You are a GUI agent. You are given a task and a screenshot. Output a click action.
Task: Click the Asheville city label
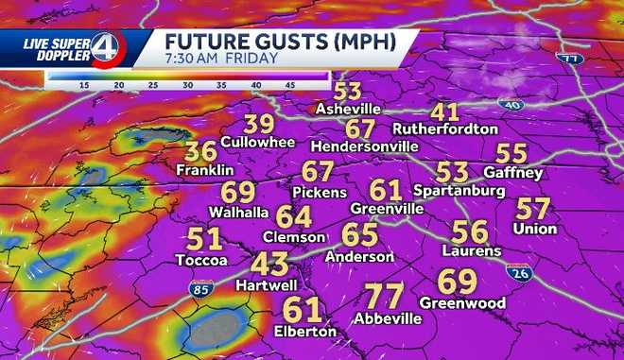tap(347, 110)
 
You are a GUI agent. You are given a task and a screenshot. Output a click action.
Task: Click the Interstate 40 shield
tap(513, 105)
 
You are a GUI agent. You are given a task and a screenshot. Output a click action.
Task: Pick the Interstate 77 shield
tap(570, 59)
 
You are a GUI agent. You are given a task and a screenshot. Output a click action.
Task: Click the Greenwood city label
tap(461, 302)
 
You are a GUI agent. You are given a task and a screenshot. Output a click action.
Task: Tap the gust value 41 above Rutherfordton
tap(444, 111)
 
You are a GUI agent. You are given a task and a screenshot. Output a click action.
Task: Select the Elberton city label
tap(304, 332)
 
